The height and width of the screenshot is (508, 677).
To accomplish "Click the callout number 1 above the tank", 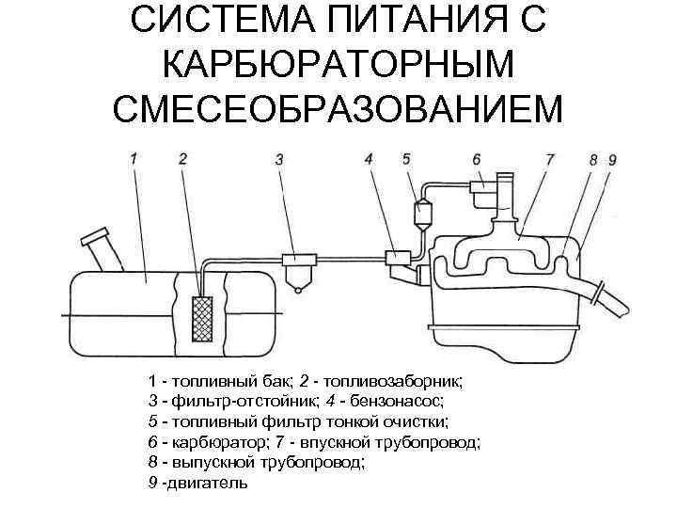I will [134, 160].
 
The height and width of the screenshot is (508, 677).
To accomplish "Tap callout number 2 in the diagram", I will [182, 160].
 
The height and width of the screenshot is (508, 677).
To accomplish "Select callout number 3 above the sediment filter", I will [279, 160].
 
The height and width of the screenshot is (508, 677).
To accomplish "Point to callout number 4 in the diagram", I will [369, 160].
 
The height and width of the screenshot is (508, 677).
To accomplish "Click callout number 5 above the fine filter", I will [406, 159].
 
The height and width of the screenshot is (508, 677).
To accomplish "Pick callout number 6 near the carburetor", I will [477, 159].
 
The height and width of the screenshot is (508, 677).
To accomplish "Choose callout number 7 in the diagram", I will [550, 160].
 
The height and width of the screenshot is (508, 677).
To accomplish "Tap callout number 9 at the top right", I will [612, 160].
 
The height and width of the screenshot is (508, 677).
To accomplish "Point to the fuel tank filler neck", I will [99, 249].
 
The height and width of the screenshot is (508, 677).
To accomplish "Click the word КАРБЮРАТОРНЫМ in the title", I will [338, 66].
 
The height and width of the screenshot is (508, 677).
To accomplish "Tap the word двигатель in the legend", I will [207, 483].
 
